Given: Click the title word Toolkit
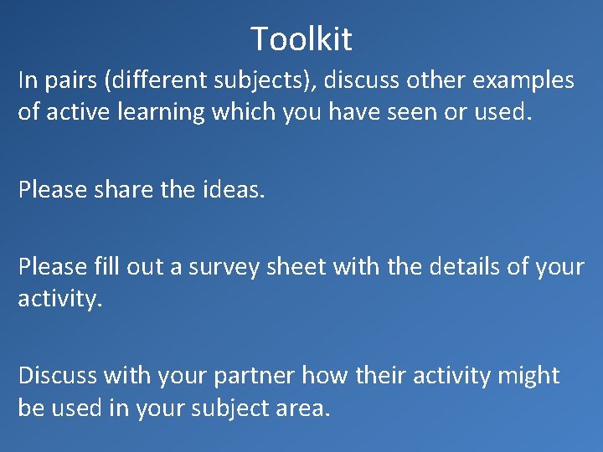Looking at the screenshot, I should pos(301,39).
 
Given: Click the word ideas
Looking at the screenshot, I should pos(233,190).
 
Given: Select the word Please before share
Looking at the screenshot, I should pos(53,190).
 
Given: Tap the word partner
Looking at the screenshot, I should pos(253,377).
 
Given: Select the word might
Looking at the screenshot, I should pos(528,377).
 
